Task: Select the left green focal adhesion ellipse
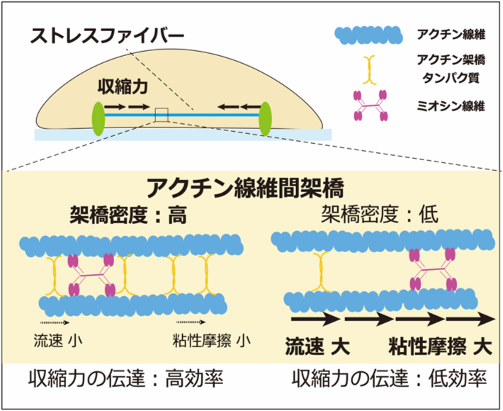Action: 96,118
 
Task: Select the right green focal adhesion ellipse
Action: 266,118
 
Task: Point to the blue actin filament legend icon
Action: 368,33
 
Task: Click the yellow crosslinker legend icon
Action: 368,70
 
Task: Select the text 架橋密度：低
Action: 380,215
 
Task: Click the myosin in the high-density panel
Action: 90,276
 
